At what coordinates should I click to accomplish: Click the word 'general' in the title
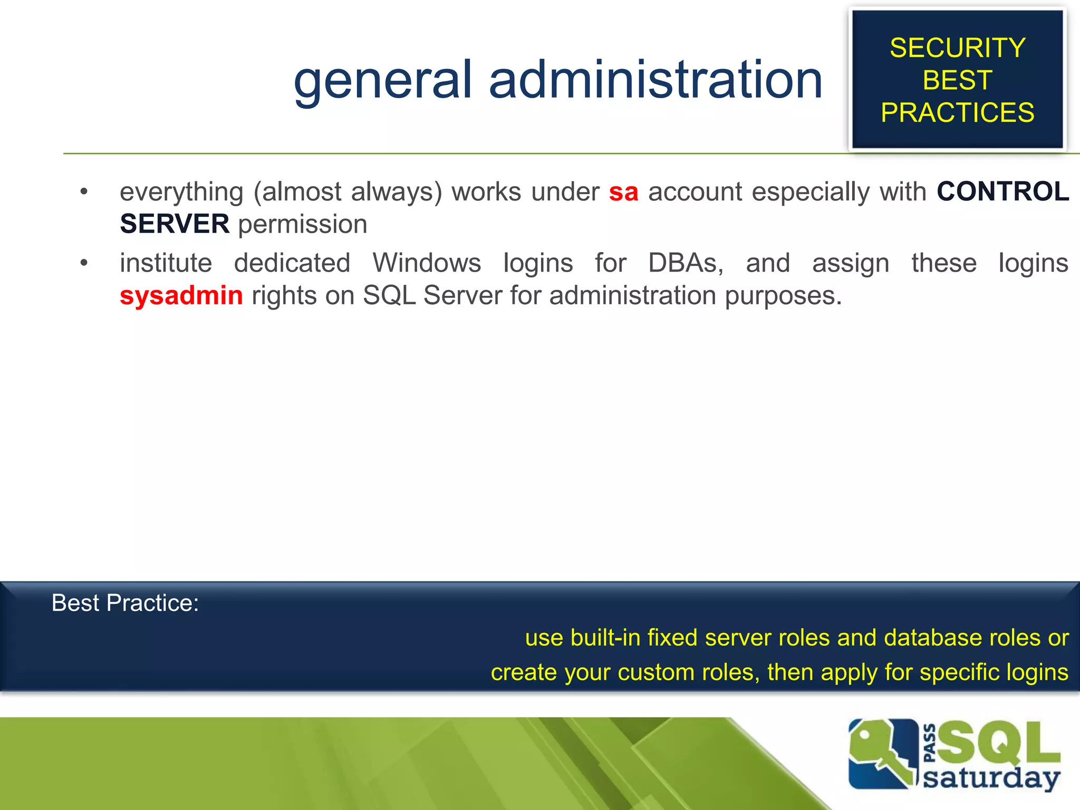382,80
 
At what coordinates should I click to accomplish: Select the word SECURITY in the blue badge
957,48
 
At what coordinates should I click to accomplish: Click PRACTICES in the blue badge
957,113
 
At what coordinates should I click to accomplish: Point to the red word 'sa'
623,192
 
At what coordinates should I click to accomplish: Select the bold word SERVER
175,224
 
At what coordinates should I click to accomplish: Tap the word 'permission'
303,225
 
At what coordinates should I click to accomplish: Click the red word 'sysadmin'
181,295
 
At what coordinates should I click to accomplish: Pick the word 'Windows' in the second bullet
427,263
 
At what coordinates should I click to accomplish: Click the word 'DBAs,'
686,263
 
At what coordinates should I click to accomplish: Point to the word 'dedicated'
292,263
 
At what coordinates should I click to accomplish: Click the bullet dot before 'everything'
84,191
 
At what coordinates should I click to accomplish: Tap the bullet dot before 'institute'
84,263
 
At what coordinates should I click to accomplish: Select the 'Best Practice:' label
125,603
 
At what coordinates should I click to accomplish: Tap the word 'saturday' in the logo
991,778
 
